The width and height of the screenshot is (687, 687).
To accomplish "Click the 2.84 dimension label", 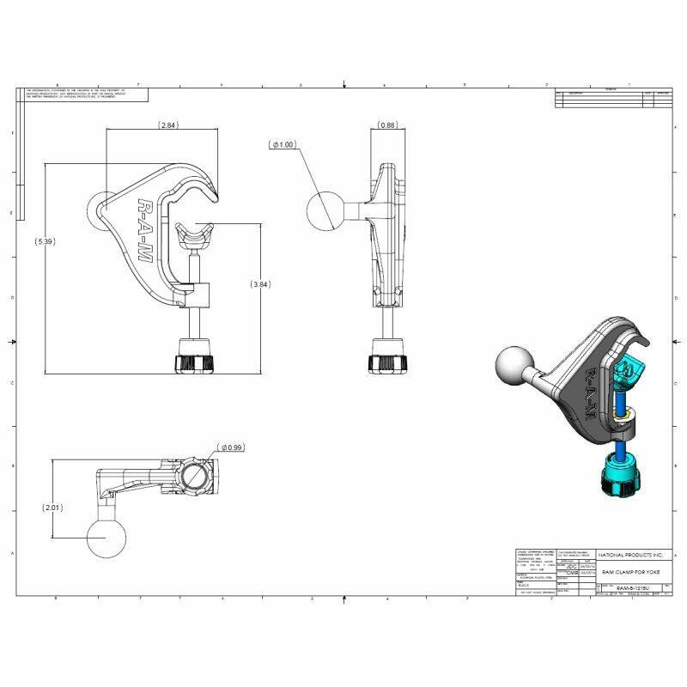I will (x=168, y=125).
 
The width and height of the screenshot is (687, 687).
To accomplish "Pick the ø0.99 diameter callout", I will (x=233, y=447).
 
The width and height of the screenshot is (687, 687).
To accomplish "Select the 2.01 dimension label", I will (x=53, y=508).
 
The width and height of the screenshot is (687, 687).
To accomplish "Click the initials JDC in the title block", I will (x=571, y=567).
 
